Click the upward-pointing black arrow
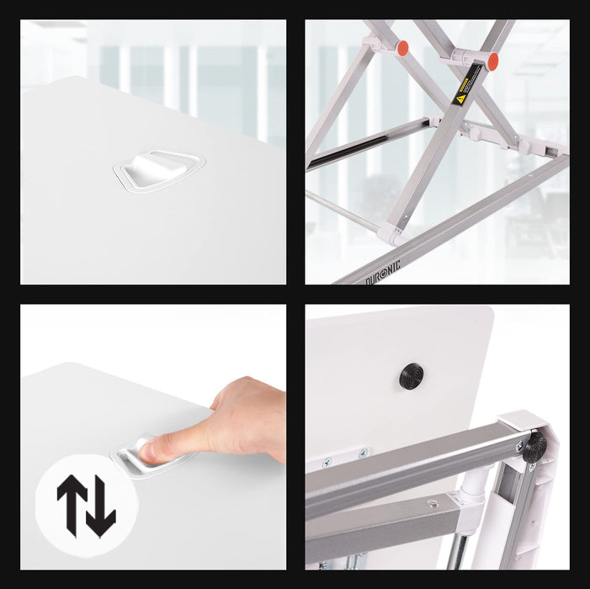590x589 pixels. pyautogui.click(x=72, y=502)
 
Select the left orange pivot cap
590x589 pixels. pyautogui.click(x=403, y=48)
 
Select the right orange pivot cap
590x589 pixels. pyautogui.click(x=492, y=61)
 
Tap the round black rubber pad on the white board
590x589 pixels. pyautogui.click(x=412, y=375)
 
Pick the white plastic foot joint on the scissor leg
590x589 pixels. pyautogui.click(x=390, y=234)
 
